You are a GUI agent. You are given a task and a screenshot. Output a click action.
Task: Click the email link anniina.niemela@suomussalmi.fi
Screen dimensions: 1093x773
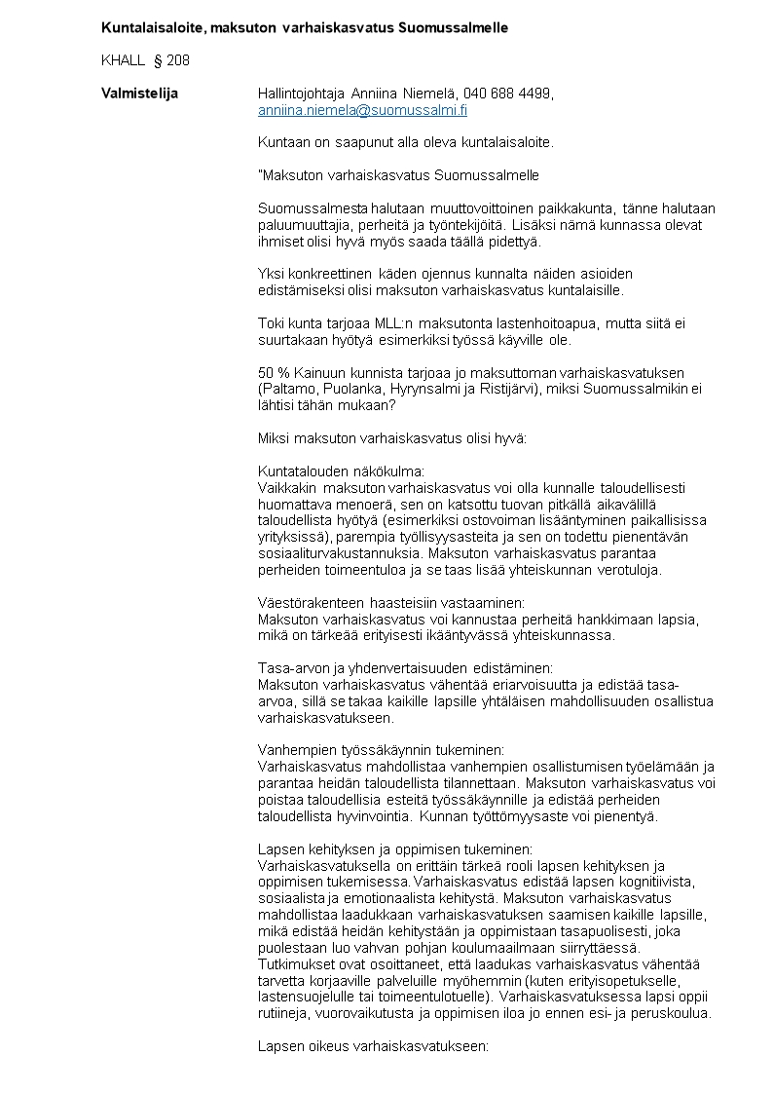362,111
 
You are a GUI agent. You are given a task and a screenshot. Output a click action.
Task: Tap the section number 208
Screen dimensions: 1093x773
178,60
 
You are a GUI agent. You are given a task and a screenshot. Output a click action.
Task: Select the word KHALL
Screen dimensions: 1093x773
123,60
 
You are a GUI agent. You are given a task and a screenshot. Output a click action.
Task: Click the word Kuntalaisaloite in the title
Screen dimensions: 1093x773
151,27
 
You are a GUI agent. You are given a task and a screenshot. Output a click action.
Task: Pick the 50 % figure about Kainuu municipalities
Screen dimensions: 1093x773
274,373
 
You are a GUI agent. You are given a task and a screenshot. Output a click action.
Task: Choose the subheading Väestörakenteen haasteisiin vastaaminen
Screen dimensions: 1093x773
390,603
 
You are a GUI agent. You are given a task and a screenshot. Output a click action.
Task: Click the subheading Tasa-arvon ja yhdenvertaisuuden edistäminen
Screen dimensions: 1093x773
404,668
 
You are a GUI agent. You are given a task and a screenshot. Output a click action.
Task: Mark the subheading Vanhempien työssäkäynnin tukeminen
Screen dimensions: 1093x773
381,750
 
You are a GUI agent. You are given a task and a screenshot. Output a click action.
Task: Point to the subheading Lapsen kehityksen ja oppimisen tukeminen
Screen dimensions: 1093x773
394,848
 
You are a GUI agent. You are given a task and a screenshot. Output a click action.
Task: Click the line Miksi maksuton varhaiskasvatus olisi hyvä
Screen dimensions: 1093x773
391,438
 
